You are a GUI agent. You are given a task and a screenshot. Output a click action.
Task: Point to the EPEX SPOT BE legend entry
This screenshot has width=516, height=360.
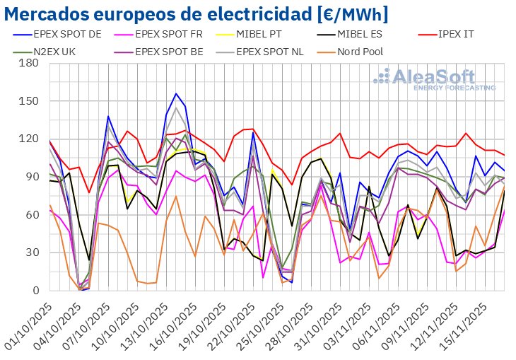(x=169, y=51)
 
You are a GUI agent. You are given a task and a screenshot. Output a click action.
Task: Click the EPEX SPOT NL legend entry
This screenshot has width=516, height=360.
(x=279, y=51)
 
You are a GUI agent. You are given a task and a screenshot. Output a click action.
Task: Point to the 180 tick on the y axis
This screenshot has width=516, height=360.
(x=28, y=63)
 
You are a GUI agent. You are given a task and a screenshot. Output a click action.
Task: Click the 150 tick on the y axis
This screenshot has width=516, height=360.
(x=28, y=101)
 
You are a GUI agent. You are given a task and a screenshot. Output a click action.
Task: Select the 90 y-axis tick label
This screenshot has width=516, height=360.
(x=32, y=177)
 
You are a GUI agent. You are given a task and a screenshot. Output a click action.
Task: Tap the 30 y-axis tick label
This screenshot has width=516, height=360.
(x=32, y=252)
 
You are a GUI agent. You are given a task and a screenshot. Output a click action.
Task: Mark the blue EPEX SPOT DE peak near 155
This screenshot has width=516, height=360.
(x=176, y=93)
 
